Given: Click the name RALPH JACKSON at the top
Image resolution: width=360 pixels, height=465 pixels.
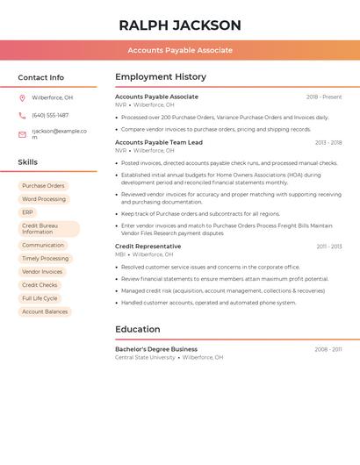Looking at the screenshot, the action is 180,25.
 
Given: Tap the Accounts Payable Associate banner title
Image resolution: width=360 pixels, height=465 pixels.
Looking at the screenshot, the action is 180,50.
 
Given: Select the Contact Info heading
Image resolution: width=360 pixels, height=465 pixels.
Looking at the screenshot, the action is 41,77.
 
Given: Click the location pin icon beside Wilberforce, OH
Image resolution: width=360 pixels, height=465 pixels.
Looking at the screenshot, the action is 22,97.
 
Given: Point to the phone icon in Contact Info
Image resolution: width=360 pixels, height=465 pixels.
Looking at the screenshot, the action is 22,115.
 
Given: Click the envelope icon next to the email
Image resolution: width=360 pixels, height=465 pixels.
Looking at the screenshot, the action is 22,134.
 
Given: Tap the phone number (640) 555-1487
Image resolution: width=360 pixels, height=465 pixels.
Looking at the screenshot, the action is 50,115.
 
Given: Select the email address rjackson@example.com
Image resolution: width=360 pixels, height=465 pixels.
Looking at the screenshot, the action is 59,134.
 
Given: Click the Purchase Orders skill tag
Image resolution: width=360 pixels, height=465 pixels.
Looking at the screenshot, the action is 43,186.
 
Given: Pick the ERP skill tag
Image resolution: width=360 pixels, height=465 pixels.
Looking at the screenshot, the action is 27,212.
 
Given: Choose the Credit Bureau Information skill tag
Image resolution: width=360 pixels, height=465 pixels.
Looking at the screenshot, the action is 48,229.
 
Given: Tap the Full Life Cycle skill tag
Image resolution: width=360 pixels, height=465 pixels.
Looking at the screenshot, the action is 40,298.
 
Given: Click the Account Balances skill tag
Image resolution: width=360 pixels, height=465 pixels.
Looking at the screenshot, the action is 45,311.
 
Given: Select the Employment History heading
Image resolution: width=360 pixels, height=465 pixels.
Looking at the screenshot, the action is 161,77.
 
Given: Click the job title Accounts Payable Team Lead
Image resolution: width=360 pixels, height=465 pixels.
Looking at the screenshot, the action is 159,142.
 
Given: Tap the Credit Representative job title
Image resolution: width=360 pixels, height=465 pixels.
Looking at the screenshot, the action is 148,247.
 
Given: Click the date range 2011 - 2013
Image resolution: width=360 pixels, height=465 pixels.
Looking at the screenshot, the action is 328,247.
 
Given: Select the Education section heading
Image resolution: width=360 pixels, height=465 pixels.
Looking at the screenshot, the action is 138,329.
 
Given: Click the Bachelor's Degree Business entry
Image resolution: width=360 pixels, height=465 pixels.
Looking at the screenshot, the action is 156,349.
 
